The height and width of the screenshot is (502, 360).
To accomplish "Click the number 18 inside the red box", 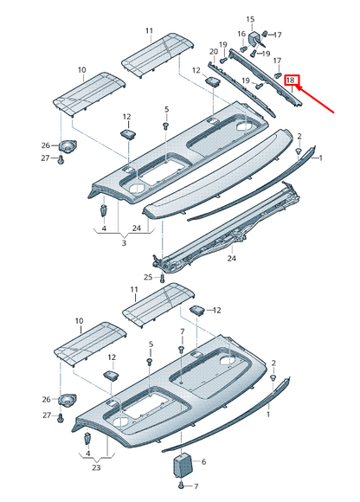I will coord(292,80).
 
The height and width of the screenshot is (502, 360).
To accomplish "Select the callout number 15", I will coord(250,18).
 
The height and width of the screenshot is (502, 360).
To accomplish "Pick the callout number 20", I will coord(213,52).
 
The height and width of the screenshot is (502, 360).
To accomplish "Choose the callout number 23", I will coord(96,467).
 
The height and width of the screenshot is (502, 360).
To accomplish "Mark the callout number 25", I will coord(149,277).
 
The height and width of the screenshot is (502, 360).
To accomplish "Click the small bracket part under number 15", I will coord(257,38).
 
